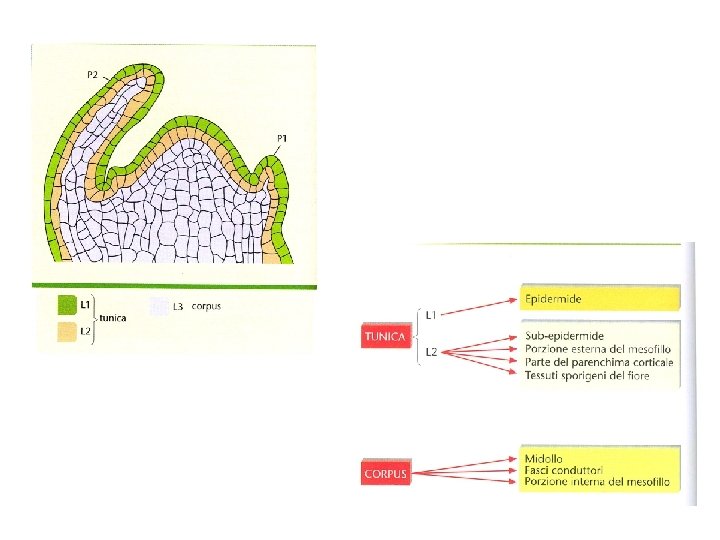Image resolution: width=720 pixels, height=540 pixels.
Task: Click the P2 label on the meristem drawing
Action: pyautogui.click(x=93, y=74)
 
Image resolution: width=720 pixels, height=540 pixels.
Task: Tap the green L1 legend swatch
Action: pyautogui.click(x=66, y=304)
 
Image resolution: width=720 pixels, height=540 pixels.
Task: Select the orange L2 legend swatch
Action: pyautogui.click(x=66, y=329)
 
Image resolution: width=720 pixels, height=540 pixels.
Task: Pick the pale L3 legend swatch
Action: pyautogui.click(x=159, y=305)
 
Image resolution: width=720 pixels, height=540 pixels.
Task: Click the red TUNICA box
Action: pyautogui.click(x=385, y=336)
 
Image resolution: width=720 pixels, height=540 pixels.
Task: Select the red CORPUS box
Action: pyautogui.click(x=385, y=473)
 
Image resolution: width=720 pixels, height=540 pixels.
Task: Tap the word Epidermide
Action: pyautogui.click(x=552, y=299)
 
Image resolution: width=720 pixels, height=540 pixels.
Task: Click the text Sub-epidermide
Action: pyautogui.click(x=563, y=335)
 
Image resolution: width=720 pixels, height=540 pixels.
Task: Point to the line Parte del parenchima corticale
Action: pyautogui.click(x=598, y=361)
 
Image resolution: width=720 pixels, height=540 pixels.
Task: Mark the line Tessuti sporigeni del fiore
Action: pyautogui.click(x=586, y=374)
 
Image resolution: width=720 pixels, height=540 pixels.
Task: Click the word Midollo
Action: pyautogui.click(x=544, y=457)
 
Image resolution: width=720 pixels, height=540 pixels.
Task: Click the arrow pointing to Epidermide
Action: pyautogui.click(x=480, y=307)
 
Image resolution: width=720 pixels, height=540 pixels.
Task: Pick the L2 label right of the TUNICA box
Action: pyautogui.click(x=429, y=352)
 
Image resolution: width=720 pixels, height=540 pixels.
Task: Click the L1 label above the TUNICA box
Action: pyautogui.click(x=429, y=315)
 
